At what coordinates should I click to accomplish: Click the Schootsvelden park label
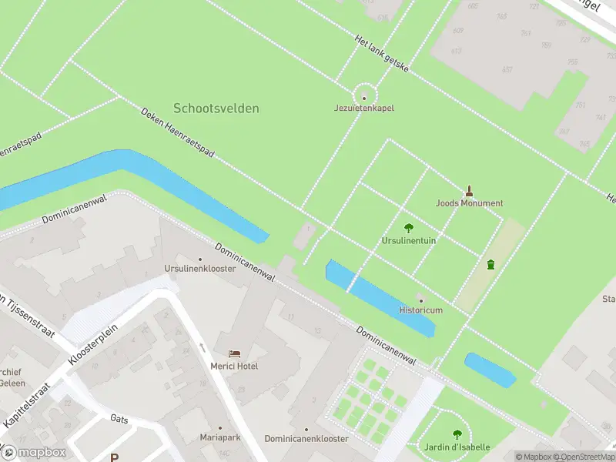(x=216, y=109)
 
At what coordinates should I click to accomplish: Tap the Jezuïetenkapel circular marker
(x=364, y=96)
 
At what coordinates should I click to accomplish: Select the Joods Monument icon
(x=469, y=190)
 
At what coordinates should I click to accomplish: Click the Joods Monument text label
(x=469, y=203)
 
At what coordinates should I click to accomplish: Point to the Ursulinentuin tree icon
(x=408, y=228)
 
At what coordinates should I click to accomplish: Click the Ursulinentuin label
(x=408, y=241)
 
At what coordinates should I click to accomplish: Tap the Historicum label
(x=420, y=310)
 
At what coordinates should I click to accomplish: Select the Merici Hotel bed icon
(x=235, y=353)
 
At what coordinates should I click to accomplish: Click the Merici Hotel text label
(x=235, y=366)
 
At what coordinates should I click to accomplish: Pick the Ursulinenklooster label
(x=199, y=269)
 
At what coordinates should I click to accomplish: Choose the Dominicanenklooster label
(x=306, y=438)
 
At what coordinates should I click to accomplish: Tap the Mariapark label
(x=219, y=438)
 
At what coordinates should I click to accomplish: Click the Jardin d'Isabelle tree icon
(x=457, y=434)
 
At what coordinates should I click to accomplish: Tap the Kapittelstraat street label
(x=26, y=406)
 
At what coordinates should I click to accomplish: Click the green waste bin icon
(x=490, y=265)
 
